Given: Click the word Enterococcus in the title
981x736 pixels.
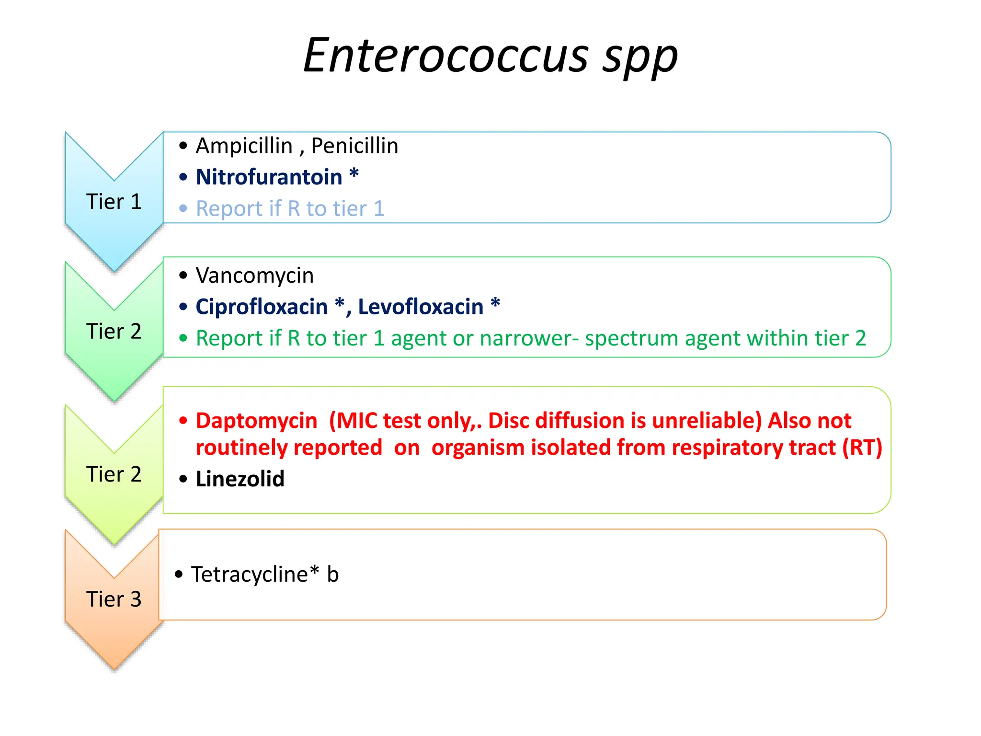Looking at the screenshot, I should pyautogui.click(x=446, y=56).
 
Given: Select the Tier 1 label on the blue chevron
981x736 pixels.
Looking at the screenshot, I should pyautogui.click(x=114, y=202).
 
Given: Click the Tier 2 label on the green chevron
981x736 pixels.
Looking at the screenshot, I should pyautogui.click(x=114, y=331).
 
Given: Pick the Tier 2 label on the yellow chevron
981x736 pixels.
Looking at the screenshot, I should pyautogui.click(x=114, y=474).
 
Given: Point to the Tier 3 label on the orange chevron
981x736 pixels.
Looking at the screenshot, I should pyautogui.click(x=114, y=599).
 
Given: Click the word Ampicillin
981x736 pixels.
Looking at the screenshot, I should pyautogui.click(x=244, y=146).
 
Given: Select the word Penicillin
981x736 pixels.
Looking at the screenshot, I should pyautogui.click(x=354, y=146).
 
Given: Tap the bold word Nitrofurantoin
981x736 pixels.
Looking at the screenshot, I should pyautogui.click(x=269, y=177).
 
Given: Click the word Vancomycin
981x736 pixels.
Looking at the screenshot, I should pyautogui.click(x=255, y=276).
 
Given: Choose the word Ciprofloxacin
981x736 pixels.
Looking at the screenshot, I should pyautogui.click(x=262, y=307).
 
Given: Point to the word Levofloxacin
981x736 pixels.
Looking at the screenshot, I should pyautogui.click(x=421, y=307).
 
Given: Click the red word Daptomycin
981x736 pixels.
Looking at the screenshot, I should pyautogui.click(x=256, y=421).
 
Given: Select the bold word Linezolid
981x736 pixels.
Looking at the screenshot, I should pyautogui.click(x=240, y=479).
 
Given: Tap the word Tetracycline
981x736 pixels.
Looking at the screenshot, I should pyautogui.click(x=249, y=574).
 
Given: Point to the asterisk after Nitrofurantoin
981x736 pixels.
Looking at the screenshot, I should pyautogui.click(x=354, y=173).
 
